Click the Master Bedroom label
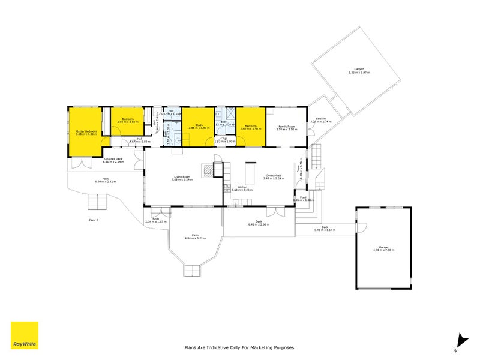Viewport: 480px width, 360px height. (x=86, y=131)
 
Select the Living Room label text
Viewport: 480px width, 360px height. (x=182, y=176)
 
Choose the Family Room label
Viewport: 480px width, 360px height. (x=286, y=126)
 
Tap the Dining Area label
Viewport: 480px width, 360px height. (x=275, y=176)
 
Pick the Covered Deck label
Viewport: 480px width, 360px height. (x=113, y=159)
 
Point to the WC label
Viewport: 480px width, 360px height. (x=171, y=110)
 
